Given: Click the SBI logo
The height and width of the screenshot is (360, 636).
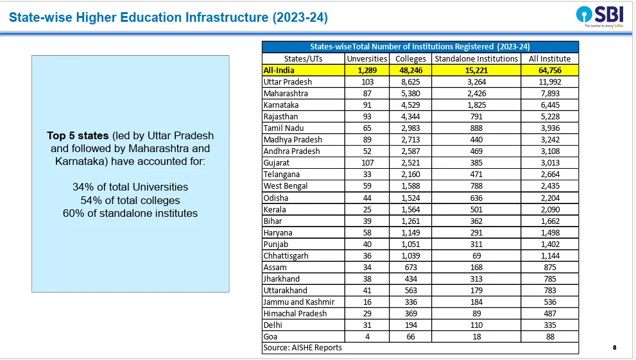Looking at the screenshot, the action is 600,17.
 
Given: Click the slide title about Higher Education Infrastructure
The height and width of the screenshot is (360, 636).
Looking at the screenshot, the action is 168,17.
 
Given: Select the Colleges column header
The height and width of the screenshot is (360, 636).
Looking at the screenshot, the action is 411,59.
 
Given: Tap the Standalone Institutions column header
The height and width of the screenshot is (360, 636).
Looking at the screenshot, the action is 476,59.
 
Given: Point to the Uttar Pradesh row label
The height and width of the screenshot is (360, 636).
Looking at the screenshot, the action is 288,82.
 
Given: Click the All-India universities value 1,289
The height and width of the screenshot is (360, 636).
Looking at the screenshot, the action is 367,71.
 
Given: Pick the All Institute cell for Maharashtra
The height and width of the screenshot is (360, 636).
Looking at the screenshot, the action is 549,94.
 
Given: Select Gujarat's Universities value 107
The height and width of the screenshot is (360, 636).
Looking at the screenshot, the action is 367,163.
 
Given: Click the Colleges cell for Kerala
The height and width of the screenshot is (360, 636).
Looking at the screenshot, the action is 411,210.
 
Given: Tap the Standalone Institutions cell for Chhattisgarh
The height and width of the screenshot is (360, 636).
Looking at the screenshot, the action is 476,256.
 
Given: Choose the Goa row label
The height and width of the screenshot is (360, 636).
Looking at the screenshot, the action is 270,336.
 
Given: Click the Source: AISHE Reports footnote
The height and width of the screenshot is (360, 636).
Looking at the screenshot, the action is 302,348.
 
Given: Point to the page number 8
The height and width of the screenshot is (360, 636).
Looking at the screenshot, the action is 615,347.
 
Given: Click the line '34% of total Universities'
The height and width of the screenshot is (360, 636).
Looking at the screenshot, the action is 130,187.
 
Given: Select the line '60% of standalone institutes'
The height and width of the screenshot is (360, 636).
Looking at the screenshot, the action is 130,213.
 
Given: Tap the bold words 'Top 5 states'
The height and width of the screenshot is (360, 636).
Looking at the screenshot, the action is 78,135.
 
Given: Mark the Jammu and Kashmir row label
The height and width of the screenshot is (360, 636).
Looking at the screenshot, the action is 299,302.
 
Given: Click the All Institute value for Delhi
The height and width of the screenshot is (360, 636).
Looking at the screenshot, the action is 549,325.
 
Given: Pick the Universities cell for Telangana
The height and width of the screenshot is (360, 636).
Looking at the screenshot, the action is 367,175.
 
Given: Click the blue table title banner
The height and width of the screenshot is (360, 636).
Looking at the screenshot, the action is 420,47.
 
